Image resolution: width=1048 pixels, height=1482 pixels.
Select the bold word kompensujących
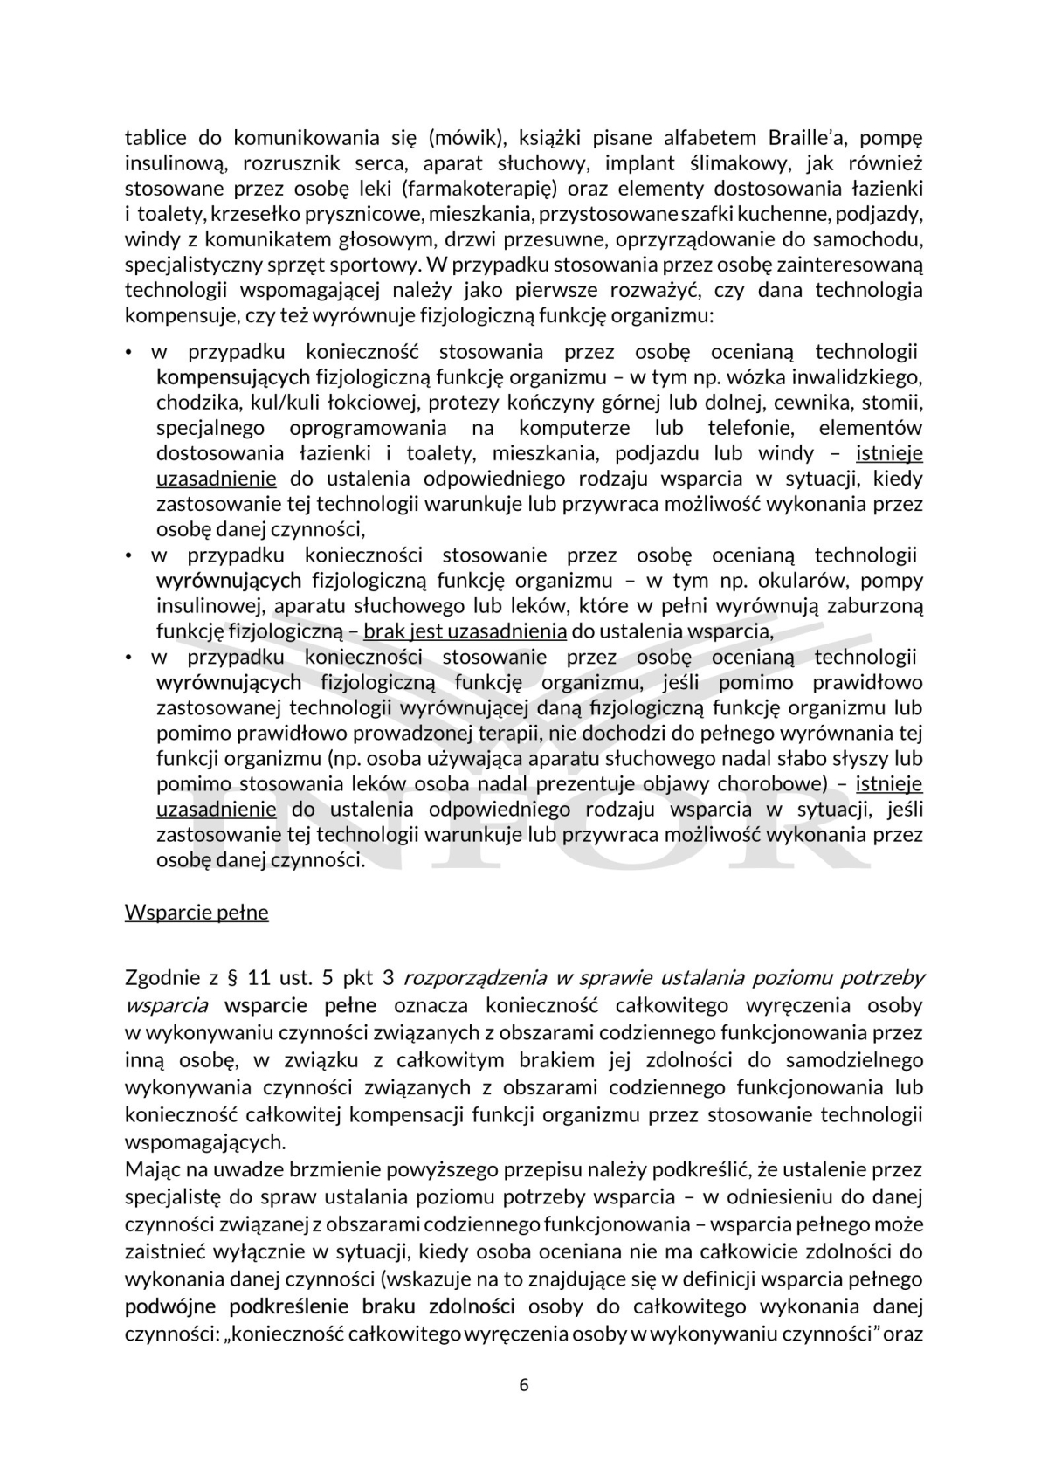[233, 377]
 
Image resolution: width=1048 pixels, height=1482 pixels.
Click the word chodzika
[188, 403]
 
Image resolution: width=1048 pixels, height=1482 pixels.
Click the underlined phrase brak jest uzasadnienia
[465, 631]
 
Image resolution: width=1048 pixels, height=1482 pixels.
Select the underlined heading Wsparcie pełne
[196, 913]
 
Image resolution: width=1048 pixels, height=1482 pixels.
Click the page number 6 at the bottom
[524, 1385]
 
